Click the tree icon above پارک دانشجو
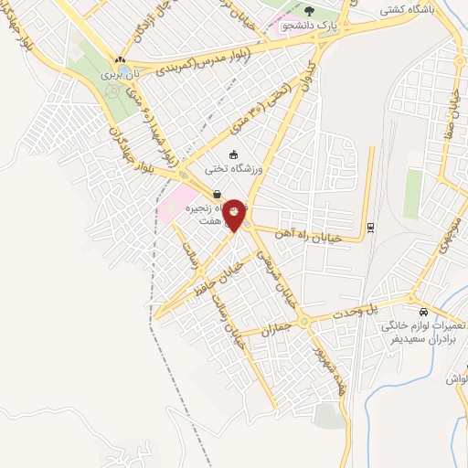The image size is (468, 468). pos(309,11)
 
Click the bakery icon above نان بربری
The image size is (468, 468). pos(119,57)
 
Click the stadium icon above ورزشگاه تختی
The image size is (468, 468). pos(233,154)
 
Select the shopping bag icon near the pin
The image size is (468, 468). pos(217,194)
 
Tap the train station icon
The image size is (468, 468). pos(370,227)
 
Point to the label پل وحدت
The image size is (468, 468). pos(386,305)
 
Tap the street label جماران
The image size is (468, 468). pos(273,330)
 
